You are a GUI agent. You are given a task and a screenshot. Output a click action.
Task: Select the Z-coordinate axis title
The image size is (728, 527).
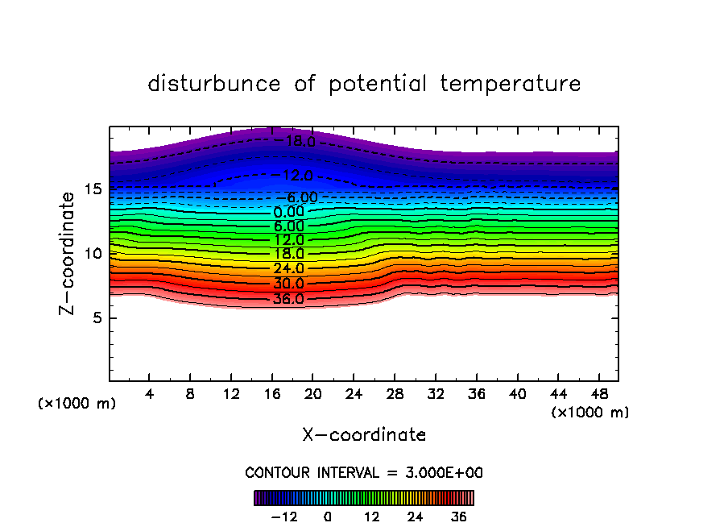(x=70, y=253)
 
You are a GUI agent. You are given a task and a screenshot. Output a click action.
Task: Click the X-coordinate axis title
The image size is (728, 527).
(x=364, y=435)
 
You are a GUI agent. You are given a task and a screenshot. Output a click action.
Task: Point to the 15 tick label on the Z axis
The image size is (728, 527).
(x=93, y=189)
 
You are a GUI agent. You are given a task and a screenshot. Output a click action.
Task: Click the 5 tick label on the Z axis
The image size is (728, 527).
(x=97, y=317)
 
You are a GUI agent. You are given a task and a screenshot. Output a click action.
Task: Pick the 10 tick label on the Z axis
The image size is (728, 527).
(x=93, y=254)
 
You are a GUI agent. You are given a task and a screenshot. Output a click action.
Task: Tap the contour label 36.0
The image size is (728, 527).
(x=288, y=299)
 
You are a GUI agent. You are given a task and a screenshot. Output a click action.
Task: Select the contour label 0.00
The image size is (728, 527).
(x=289, y=212)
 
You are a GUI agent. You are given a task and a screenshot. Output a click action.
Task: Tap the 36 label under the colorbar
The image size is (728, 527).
(x=459, y=517)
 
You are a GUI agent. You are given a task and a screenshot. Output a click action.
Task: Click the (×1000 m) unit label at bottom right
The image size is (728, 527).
(x=589, y=413)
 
